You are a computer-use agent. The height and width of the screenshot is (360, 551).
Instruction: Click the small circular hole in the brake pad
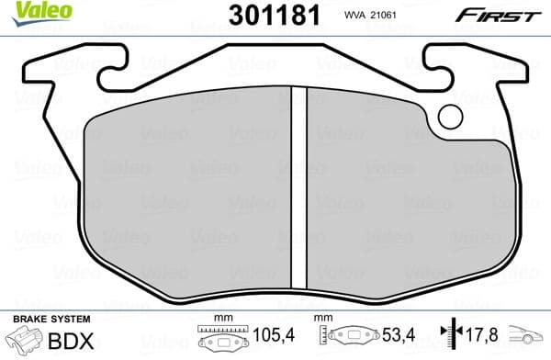click(450, 117)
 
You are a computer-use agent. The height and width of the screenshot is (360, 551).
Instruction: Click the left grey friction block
click(184, 193)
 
